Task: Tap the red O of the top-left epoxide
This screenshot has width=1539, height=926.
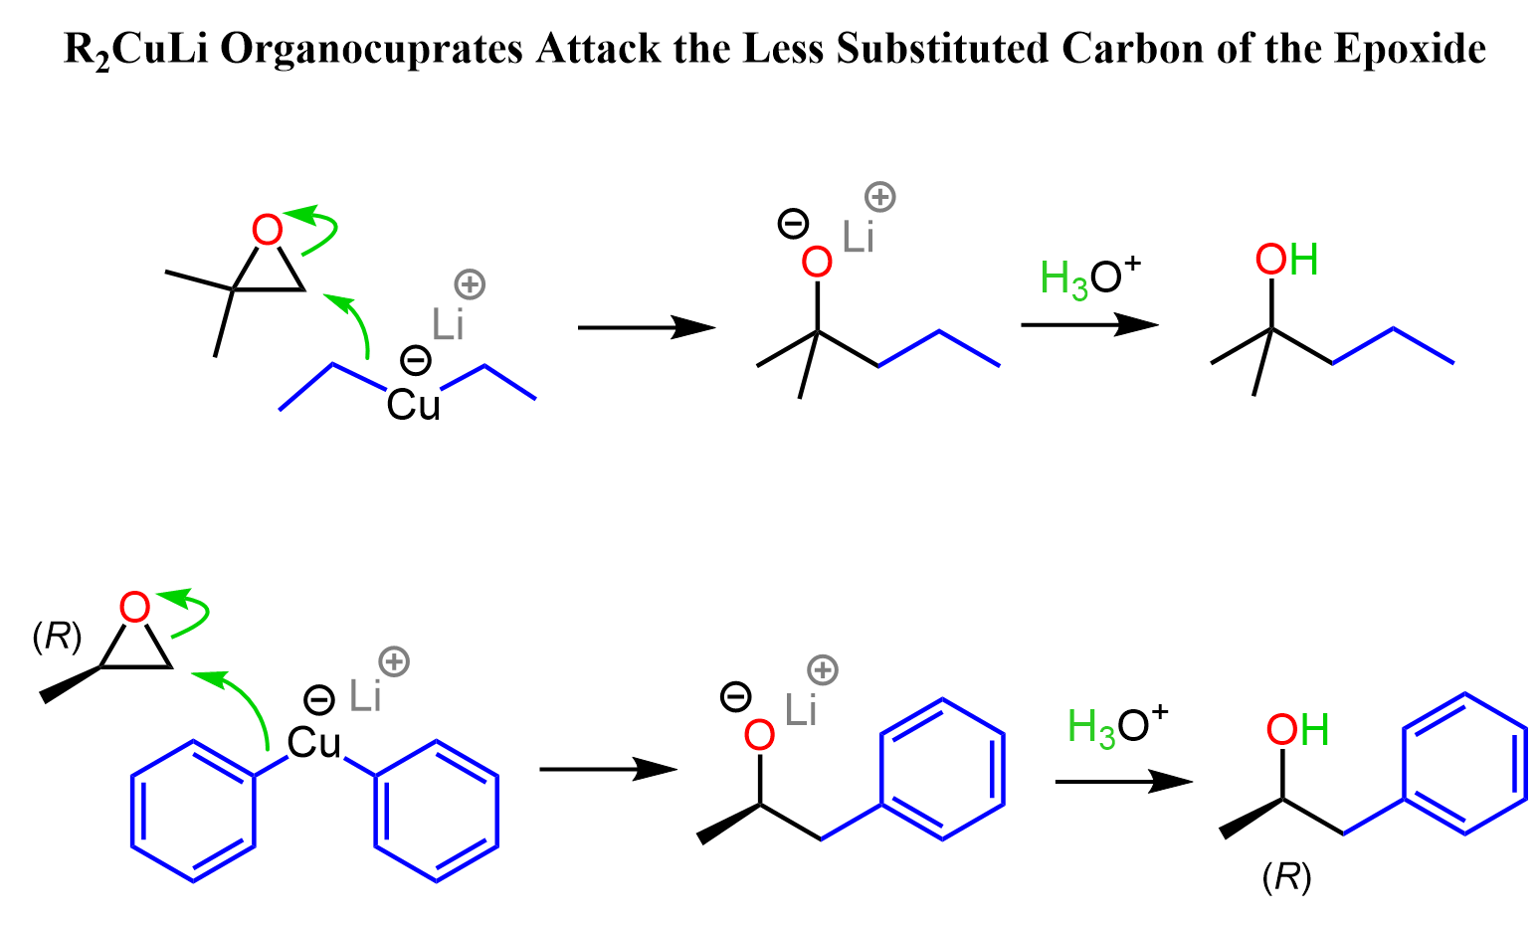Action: coord(267,231)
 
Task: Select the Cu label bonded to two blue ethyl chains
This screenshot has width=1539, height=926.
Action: coord(413,404)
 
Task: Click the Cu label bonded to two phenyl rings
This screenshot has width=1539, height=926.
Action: coord(314,742)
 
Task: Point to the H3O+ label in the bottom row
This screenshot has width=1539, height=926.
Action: coord(1117,726)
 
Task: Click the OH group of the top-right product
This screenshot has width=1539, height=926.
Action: coord(1286,261)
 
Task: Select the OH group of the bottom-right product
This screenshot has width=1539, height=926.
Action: coord(1297,731)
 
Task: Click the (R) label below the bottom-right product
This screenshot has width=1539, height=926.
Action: coord(1286,877)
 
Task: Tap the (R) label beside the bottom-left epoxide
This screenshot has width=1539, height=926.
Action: coord(57,638)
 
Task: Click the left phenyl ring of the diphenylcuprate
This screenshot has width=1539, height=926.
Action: coord(193,812)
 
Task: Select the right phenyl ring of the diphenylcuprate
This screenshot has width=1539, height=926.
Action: coord(436,812)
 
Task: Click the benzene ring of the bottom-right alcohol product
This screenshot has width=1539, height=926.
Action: coord(1464,763)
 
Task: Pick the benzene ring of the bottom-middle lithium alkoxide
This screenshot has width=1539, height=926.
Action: coord(941,768)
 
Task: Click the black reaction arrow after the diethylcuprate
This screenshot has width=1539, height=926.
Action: coord(646,326)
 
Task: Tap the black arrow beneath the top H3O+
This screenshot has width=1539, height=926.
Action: coord(1089,324)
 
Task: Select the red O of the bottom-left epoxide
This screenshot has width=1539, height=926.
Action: coord(134,607)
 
